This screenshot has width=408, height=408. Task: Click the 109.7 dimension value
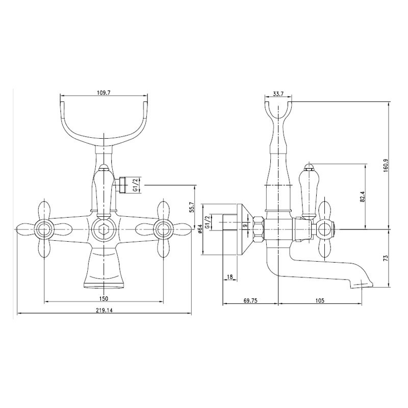104,93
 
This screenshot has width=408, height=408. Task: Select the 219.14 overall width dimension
104,310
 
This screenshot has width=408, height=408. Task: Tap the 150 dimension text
104,298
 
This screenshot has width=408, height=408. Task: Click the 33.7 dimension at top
278,94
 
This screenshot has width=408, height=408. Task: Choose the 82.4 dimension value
363,197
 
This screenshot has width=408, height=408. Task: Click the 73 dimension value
386,258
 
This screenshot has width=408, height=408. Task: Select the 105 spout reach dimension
320,300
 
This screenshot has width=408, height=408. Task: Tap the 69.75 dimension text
250,300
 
